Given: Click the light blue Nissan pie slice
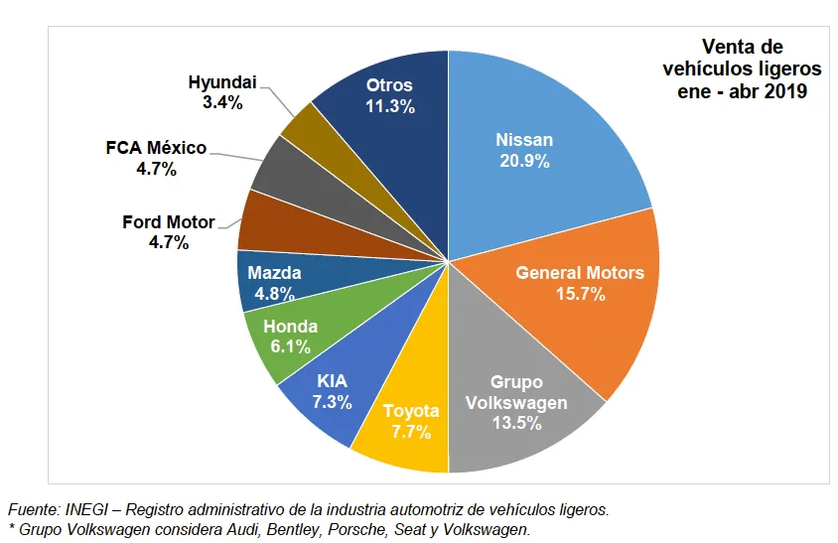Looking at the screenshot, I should click(556, 129).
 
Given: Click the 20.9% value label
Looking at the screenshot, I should click(523, 162).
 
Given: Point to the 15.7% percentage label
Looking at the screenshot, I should click(580, 294).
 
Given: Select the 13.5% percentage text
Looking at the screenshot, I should click(515, 424).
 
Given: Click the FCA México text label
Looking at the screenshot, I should click(156, 148).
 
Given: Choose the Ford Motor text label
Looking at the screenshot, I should click(167, 221).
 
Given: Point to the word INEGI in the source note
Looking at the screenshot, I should click(83, 509).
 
